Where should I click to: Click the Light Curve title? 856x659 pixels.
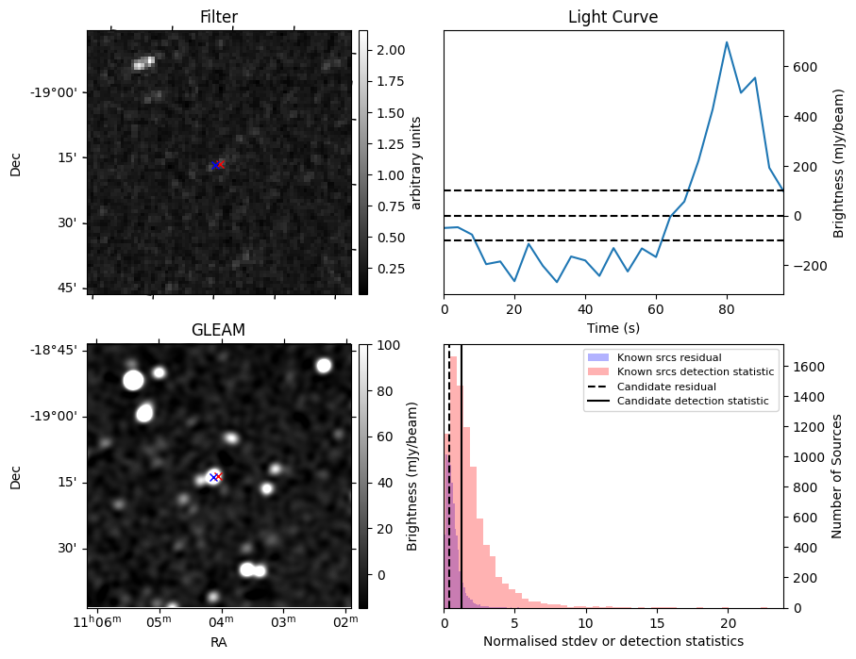(613, 17)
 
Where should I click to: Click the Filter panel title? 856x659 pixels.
(219, 17)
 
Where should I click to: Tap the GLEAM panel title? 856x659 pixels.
(219, 330)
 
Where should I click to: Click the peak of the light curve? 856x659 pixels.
(727, 41)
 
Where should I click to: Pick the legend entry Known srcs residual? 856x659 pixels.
(669, 357)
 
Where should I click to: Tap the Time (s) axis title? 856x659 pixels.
(613, 327)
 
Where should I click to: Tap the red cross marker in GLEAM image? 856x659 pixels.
(218, 476)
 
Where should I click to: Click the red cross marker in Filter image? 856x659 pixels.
(221, 164)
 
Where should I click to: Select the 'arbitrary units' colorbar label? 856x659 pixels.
(416, 162)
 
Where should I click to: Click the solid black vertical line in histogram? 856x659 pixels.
(461, 490)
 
